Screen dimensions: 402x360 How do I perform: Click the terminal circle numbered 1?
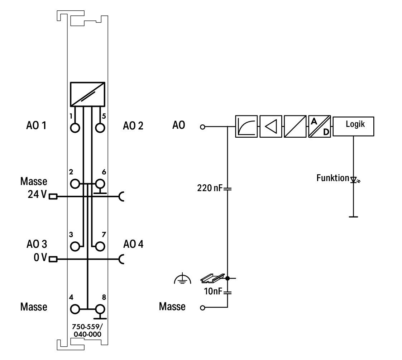[75, 128]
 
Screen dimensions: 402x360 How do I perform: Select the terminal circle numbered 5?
[100, 128]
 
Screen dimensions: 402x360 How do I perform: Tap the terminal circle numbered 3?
[75, 247]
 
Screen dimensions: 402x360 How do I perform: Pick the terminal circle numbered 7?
[100, 247]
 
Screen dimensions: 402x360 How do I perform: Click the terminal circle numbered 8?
[100, 309]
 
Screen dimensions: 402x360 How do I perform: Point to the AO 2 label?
[133, 126]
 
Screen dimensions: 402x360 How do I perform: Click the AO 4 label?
[133, 244]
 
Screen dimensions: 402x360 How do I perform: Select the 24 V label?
[37, 194]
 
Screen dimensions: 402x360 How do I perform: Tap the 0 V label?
[40, 257]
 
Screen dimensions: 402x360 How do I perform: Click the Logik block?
[353, 126]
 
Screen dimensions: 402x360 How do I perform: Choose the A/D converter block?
[320, 126]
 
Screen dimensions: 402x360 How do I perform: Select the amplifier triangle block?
[271, 126]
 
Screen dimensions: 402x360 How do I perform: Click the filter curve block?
[247, 126]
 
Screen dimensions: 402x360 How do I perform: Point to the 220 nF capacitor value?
[210, 188]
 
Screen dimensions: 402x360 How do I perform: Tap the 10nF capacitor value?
[213, 292]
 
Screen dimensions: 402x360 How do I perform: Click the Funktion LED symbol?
[355, 180]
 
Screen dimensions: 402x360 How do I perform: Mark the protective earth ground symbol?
[182, 278]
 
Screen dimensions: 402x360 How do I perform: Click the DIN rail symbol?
[212, 278]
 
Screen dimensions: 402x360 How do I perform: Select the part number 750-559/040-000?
[87, 330]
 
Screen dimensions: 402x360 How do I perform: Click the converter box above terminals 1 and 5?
[87, 94]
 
